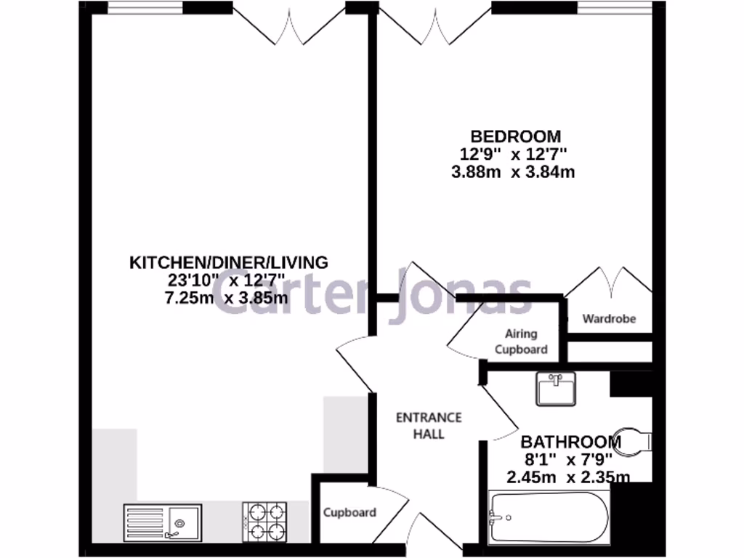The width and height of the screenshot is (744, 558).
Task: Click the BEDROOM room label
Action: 515,136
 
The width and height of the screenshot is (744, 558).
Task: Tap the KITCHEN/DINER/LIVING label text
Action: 228,262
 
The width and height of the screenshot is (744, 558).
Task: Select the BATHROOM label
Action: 571,442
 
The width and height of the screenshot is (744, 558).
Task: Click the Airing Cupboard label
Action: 521,341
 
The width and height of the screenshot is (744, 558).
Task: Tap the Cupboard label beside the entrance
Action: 349,512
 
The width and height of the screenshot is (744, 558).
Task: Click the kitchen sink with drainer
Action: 163,522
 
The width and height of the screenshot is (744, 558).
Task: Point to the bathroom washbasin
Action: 555,388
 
